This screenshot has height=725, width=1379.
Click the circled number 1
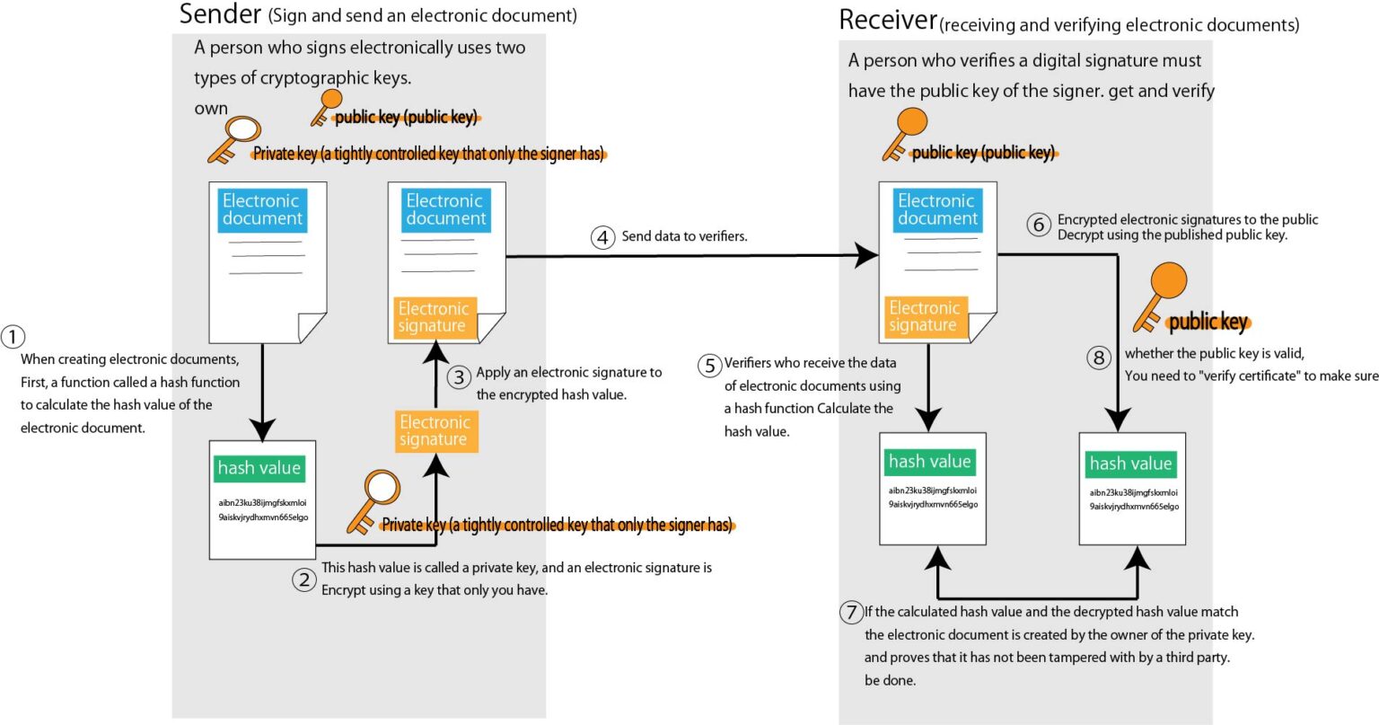(x=13, y=337)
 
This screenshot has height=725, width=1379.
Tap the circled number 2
(x=304, y=579)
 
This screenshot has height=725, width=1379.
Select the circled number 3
(x=459, y=377)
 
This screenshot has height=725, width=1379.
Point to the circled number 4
(x=602, y=237)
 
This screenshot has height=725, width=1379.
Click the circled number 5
(x=710, y=366)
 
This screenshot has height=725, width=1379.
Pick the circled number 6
(x=1039, y=225)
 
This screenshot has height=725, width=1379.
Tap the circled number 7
(x=851, y=613)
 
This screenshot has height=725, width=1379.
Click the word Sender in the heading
(x=220, y=14)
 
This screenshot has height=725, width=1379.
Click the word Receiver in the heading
(x=887, y=20)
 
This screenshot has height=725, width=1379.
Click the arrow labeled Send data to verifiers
(x=691, y=256)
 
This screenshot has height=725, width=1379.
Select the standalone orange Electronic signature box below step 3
(x=435, y=430)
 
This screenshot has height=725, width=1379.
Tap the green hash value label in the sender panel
(x=259, y=468)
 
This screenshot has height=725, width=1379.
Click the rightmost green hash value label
(x=1130, y=464)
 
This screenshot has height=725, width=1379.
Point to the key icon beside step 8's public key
(x=1159, y=295)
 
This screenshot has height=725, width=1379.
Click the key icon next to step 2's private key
(x=372, y=500)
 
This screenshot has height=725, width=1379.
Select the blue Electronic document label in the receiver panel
(x=936, y=210)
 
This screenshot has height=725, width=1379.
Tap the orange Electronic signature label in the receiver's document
(x=925, y=316)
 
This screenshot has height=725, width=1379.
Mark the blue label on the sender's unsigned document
(x=262, y=210)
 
